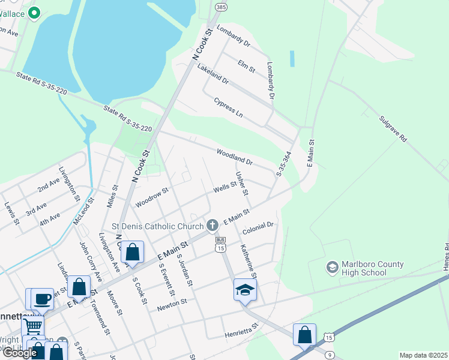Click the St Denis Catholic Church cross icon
click(212, 226)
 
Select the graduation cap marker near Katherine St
click(245, 290)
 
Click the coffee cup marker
click(42, 298)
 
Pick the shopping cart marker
click(33, 326)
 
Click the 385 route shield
click(220, 7)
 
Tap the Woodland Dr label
click(235, 157)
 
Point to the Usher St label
click(242, 184)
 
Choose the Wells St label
click(226, 188)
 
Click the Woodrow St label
click(152, 198)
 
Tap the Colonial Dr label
click(258, 229)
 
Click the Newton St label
click(172, 306)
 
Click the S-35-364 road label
click(283, 164)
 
